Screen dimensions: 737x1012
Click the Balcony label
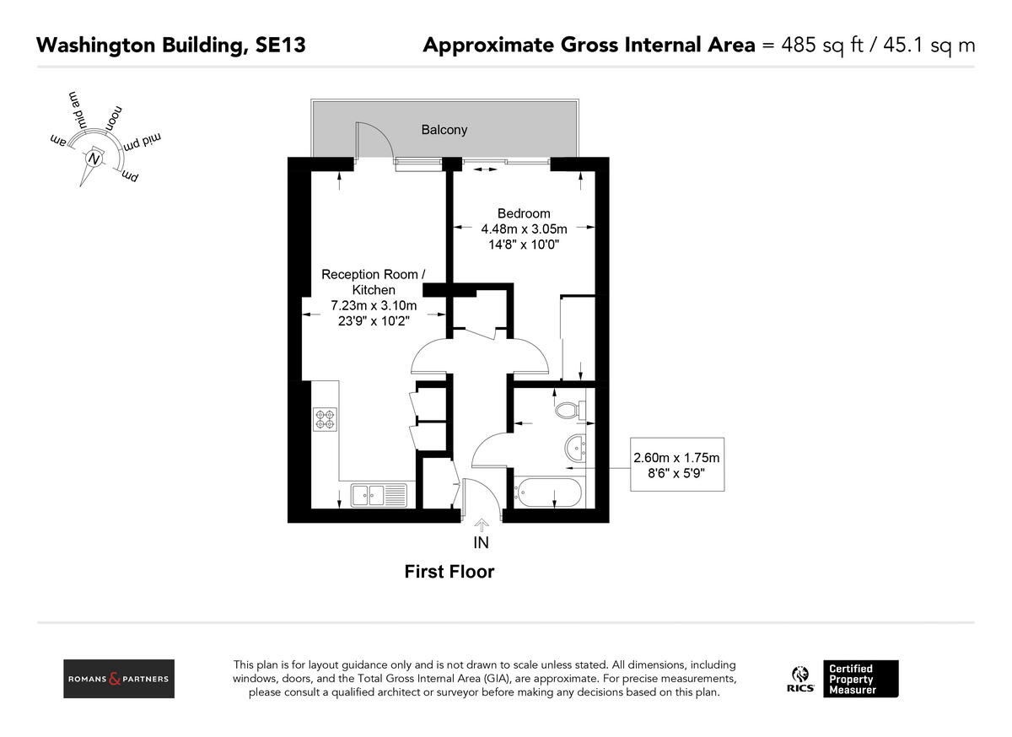point(444,130)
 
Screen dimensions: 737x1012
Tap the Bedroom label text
point(523,213)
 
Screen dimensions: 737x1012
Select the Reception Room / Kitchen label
point(374,282)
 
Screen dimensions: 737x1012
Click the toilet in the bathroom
point(569,410)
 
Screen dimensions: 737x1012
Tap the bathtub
point(548,492)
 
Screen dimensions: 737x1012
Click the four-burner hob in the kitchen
point(326,419)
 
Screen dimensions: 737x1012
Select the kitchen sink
point(379,495)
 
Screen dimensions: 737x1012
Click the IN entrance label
point(481,543)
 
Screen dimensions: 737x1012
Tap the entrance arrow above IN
point(481,525)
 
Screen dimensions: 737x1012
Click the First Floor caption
point(449,572)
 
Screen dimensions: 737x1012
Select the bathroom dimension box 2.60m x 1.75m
point(676,465)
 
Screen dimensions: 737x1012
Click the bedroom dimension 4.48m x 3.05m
point(524,229)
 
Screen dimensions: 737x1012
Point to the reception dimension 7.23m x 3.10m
point(373,305)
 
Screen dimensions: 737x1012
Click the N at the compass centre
point(94,159)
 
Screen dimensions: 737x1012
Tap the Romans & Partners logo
point(119,679)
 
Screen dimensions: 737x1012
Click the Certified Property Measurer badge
point(861,679)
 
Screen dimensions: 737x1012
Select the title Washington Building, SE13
point(170,46)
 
